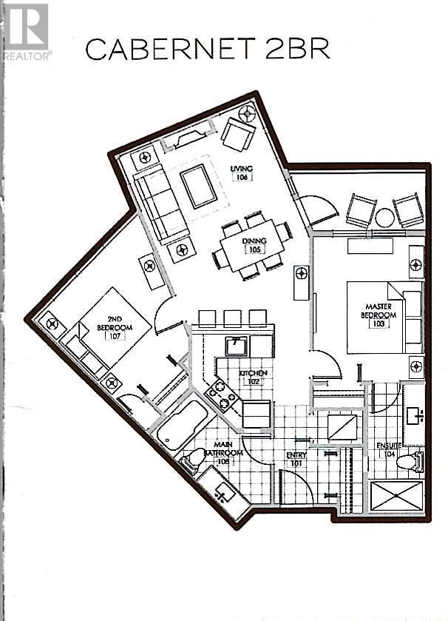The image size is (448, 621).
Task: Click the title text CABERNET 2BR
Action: (x=207, y=49)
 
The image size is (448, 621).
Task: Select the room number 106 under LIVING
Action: (x=241, y=177)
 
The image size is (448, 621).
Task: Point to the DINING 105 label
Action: (x=254, y=244)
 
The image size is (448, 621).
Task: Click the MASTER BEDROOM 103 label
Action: (x=379, y=310)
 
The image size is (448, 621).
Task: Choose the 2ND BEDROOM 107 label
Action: (x=115, y=328)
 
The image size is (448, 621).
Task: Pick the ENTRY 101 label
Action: (x=296, y=460)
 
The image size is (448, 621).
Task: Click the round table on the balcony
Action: (x=384, y=218)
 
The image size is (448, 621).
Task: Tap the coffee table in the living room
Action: (x=198, y=187)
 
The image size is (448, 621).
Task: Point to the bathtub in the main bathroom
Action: (x=182, y=424)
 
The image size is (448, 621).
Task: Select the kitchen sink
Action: (x=237, y=346)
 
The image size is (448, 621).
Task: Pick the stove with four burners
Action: (x=222, y=395)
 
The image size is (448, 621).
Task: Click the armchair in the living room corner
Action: (x=238, y=134)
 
